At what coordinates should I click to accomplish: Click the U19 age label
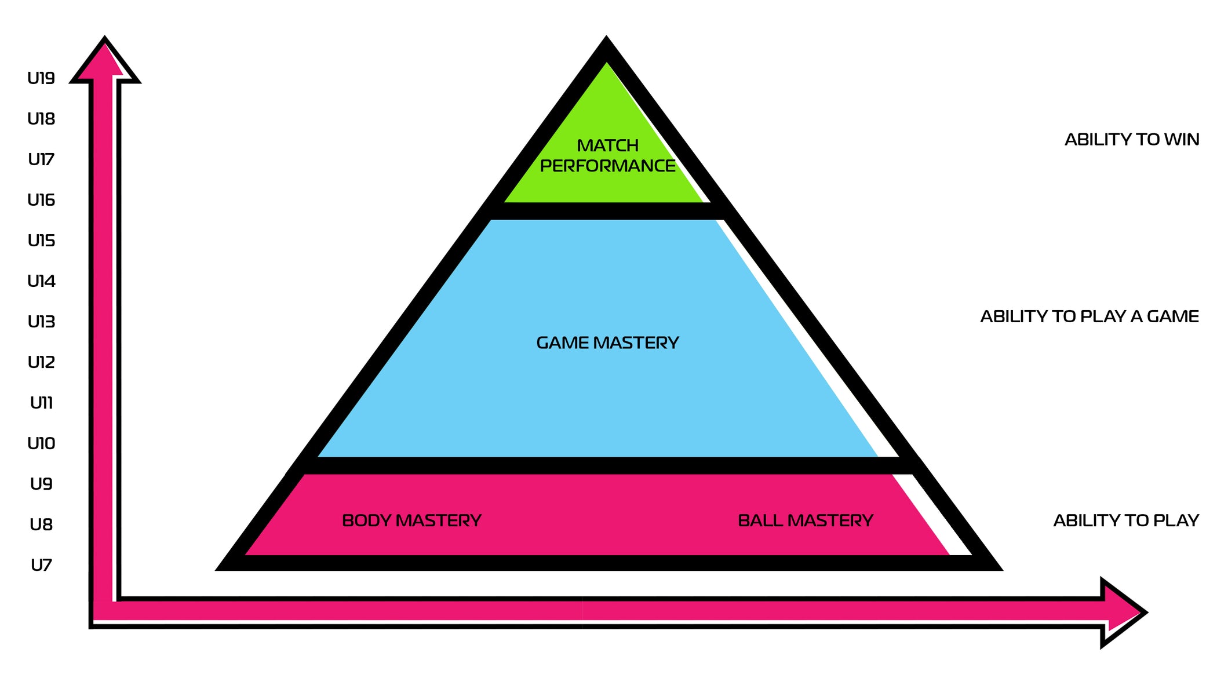[x=41, y=78]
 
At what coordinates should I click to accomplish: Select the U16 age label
[x=41, y=200]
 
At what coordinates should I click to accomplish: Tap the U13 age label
[x=41, y=322]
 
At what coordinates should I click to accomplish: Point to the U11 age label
[x=41, y=403]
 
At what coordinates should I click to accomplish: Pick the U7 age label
[x=41, y=565]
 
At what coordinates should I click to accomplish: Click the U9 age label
[x=41, y=484]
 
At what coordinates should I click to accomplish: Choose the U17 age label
[x=41, y=159]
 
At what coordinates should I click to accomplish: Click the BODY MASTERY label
[x=411, y=520]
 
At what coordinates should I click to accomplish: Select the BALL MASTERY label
[x=805, y=520]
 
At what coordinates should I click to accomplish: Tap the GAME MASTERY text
[x=607, y=343]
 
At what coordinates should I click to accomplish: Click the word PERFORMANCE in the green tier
[x=607, y=166]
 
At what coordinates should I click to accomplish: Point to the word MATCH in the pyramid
[x=607, y=145]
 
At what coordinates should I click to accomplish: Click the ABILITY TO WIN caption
[x=1131, y=140]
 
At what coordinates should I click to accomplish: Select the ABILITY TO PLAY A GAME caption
[x=1089, y=316]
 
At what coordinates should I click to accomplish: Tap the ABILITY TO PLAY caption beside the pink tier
[x=1125, y=520]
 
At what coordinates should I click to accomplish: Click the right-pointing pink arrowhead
[x=1121, y=612]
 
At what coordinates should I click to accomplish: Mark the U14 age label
[x=41, y=281]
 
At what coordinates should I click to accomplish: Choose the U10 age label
[x=41, y=443]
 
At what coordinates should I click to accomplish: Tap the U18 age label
[x=41, y=119]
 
